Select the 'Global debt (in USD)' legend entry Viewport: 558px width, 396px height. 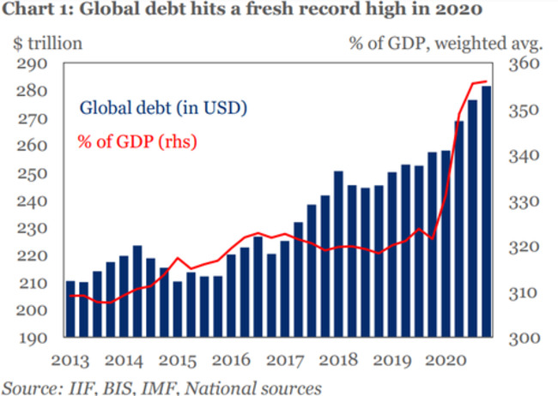[163, 108]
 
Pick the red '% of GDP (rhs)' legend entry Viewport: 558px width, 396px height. [137, 140]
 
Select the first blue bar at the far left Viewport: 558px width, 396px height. [70, 309]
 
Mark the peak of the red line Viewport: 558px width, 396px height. [485, 81]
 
